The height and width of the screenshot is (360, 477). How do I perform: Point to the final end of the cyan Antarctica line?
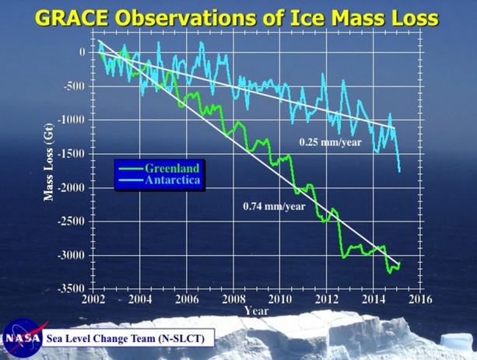click(x=400, y=171)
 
